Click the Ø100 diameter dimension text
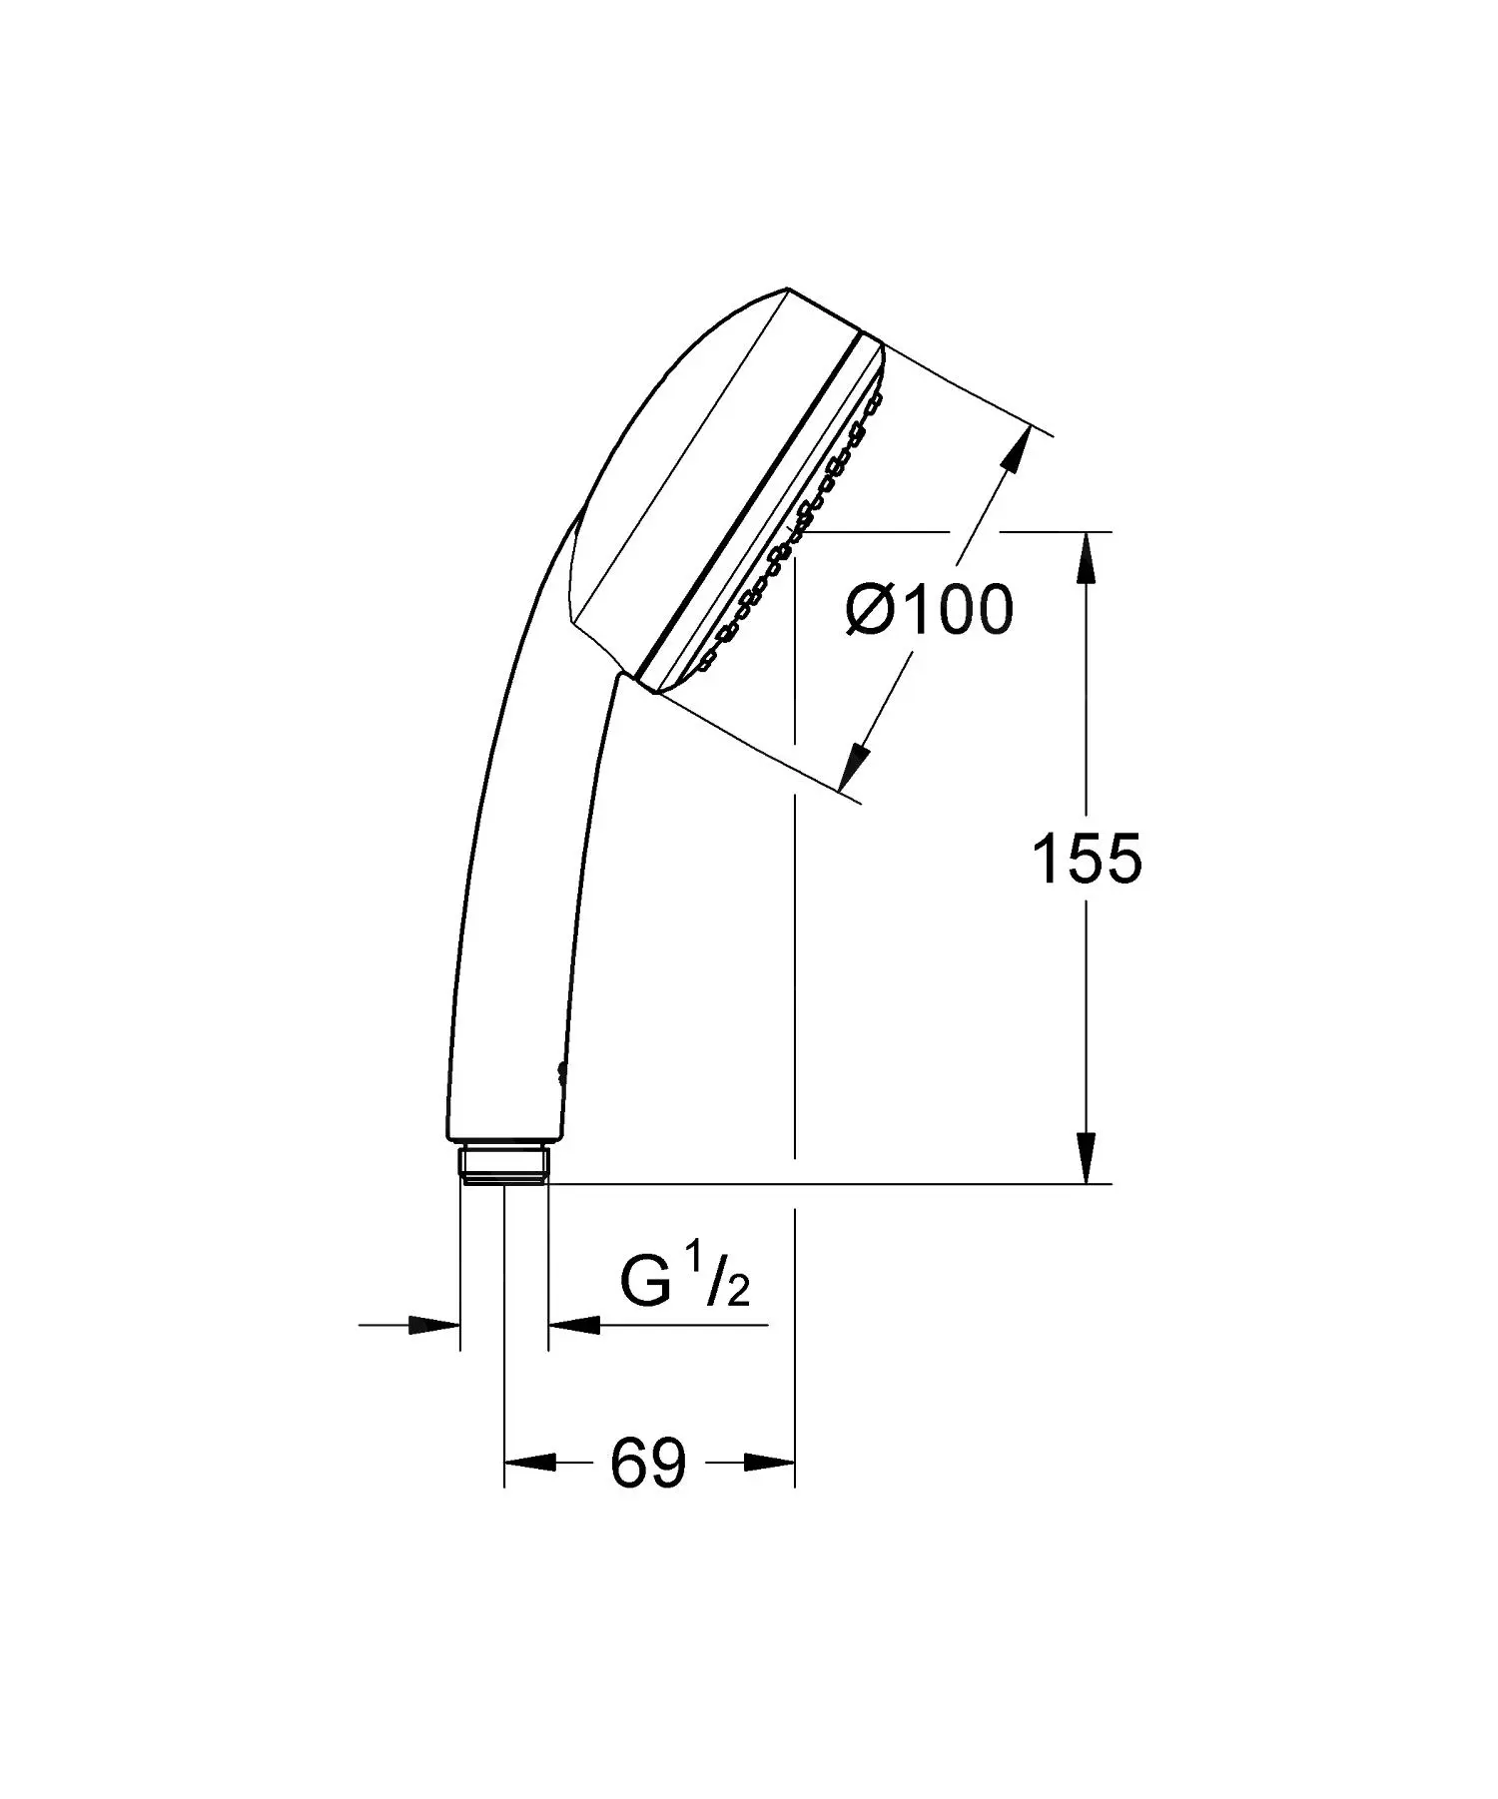pos(930,610)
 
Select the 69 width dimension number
pos(648,1464)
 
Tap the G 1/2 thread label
pos(683,1286)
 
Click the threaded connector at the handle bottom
pos(505,1166)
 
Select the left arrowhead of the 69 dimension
pos(527,1464)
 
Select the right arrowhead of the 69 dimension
pos(770,1464)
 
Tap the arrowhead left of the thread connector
pos(436,1326)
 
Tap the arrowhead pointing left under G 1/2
pos(574,1326)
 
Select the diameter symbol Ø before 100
pos(870,610)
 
